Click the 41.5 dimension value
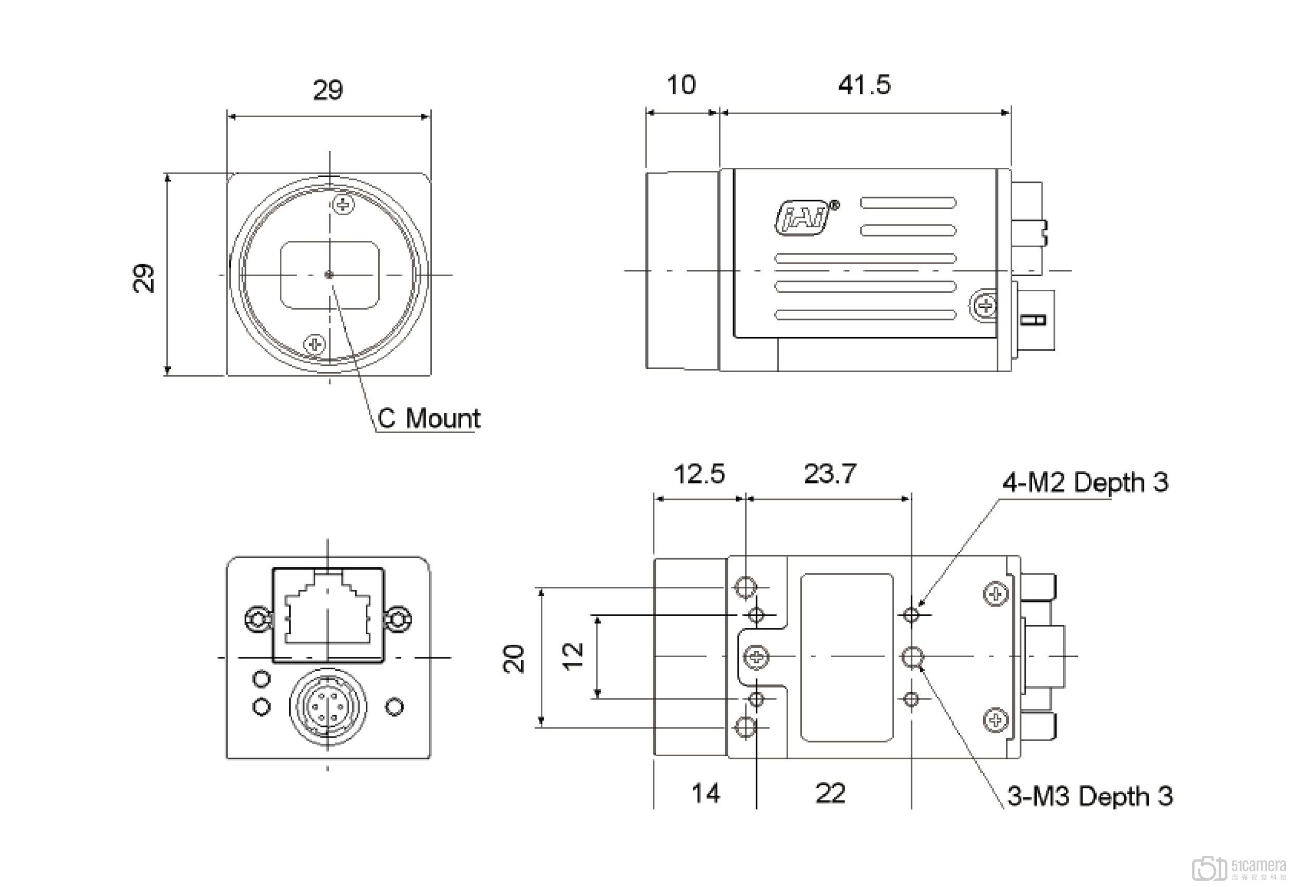click(x=864, y=85)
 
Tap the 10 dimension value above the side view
click(x=680, y=85)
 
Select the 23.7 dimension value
click(x=830, y=474)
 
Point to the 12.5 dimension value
click(x=699, y=474)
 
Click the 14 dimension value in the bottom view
click(x=705, y=793)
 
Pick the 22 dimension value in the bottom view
click(x=830, y=793)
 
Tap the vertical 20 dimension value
click(x=514, y=658)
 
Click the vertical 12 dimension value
click(x=573, y=656)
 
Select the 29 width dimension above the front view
click(x=328, y=90)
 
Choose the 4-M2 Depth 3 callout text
click(x=1085, y=482)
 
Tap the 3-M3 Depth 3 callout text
click(x=1090, y=796)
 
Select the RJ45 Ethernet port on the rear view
click(x=328, y=615)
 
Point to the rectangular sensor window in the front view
click(x=330, y=275)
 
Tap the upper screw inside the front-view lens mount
click(x=343, y=204)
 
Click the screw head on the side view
click(x=986, y=305)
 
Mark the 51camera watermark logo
click(x=1237, y=868)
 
